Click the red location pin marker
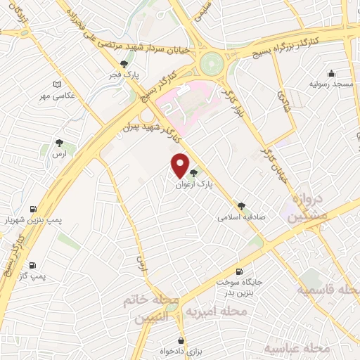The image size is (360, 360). pos(180,166)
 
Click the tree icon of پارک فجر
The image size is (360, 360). pos(124,64)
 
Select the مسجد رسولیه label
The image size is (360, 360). pos(331,84)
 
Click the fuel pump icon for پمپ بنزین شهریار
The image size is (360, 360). pos(33,210)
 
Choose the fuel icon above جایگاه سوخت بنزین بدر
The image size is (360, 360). pos(240,271)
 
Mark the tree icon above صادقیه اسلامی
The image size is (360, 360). pos(242,206)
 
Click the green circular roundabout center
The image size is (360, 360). pos(210,65)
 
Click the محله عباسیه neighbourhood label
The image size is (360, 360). pos(297,347)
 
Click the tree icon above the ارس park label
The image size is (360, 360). pos(59,143)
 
